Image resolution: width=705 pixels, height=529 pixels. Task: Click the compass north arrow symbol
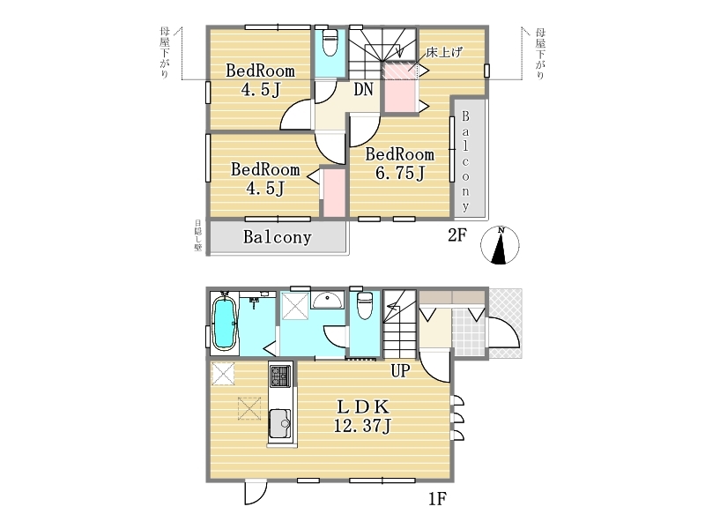(x=500, y=245)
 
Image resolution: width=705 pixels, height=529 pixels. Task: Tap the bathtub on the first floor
(x=224, y=322)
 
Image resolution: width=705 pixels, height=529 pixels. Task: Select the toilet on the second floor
(x=330, y=42)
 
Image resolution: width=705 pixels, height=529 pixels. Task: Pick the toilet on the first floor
(x=364, y=306)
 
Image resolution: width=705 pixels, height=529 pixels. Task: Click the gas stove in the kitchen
(x=280, y=376)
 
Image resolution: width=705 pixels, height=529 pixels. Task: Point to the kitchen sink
(x=280, y=424)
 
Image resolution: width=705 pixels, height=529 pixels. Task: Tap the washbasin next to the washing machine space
(x=328, y=300)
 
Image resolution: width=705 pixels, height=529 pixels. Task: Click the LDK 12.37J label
(x=362, y=416)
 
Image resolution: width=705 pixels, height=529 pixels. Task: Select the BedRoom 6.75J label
(x=400, y=164)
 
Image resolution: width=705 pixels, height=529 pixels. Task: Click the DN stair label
(x=363, y=90)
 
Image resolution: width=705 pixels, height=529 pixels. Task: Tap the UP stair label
(x=400, y=370)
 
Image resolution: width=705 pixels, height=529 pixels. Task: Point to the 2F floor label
(x=457, y=235)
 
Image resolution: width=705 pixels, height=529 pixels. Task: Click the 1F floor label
(x=436, y=498)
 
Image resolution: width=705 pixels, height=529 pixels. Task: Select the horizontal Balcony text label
(x=278, y=237)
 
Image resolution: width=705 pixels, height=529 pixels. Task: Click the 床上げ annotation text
(x=444, y=52)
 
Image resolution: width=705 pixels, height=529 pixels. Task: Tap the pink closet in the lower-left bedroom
(x=334, y=192)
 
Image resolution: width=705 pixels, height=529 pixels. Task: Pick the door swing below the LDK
(x=256, y=494)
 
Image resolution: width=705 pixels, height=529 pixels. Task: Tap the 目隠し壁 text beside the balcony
(x=197, y=235)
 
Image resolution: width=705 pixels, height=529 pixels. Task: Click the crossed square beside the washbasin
(x=295, y=306)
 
